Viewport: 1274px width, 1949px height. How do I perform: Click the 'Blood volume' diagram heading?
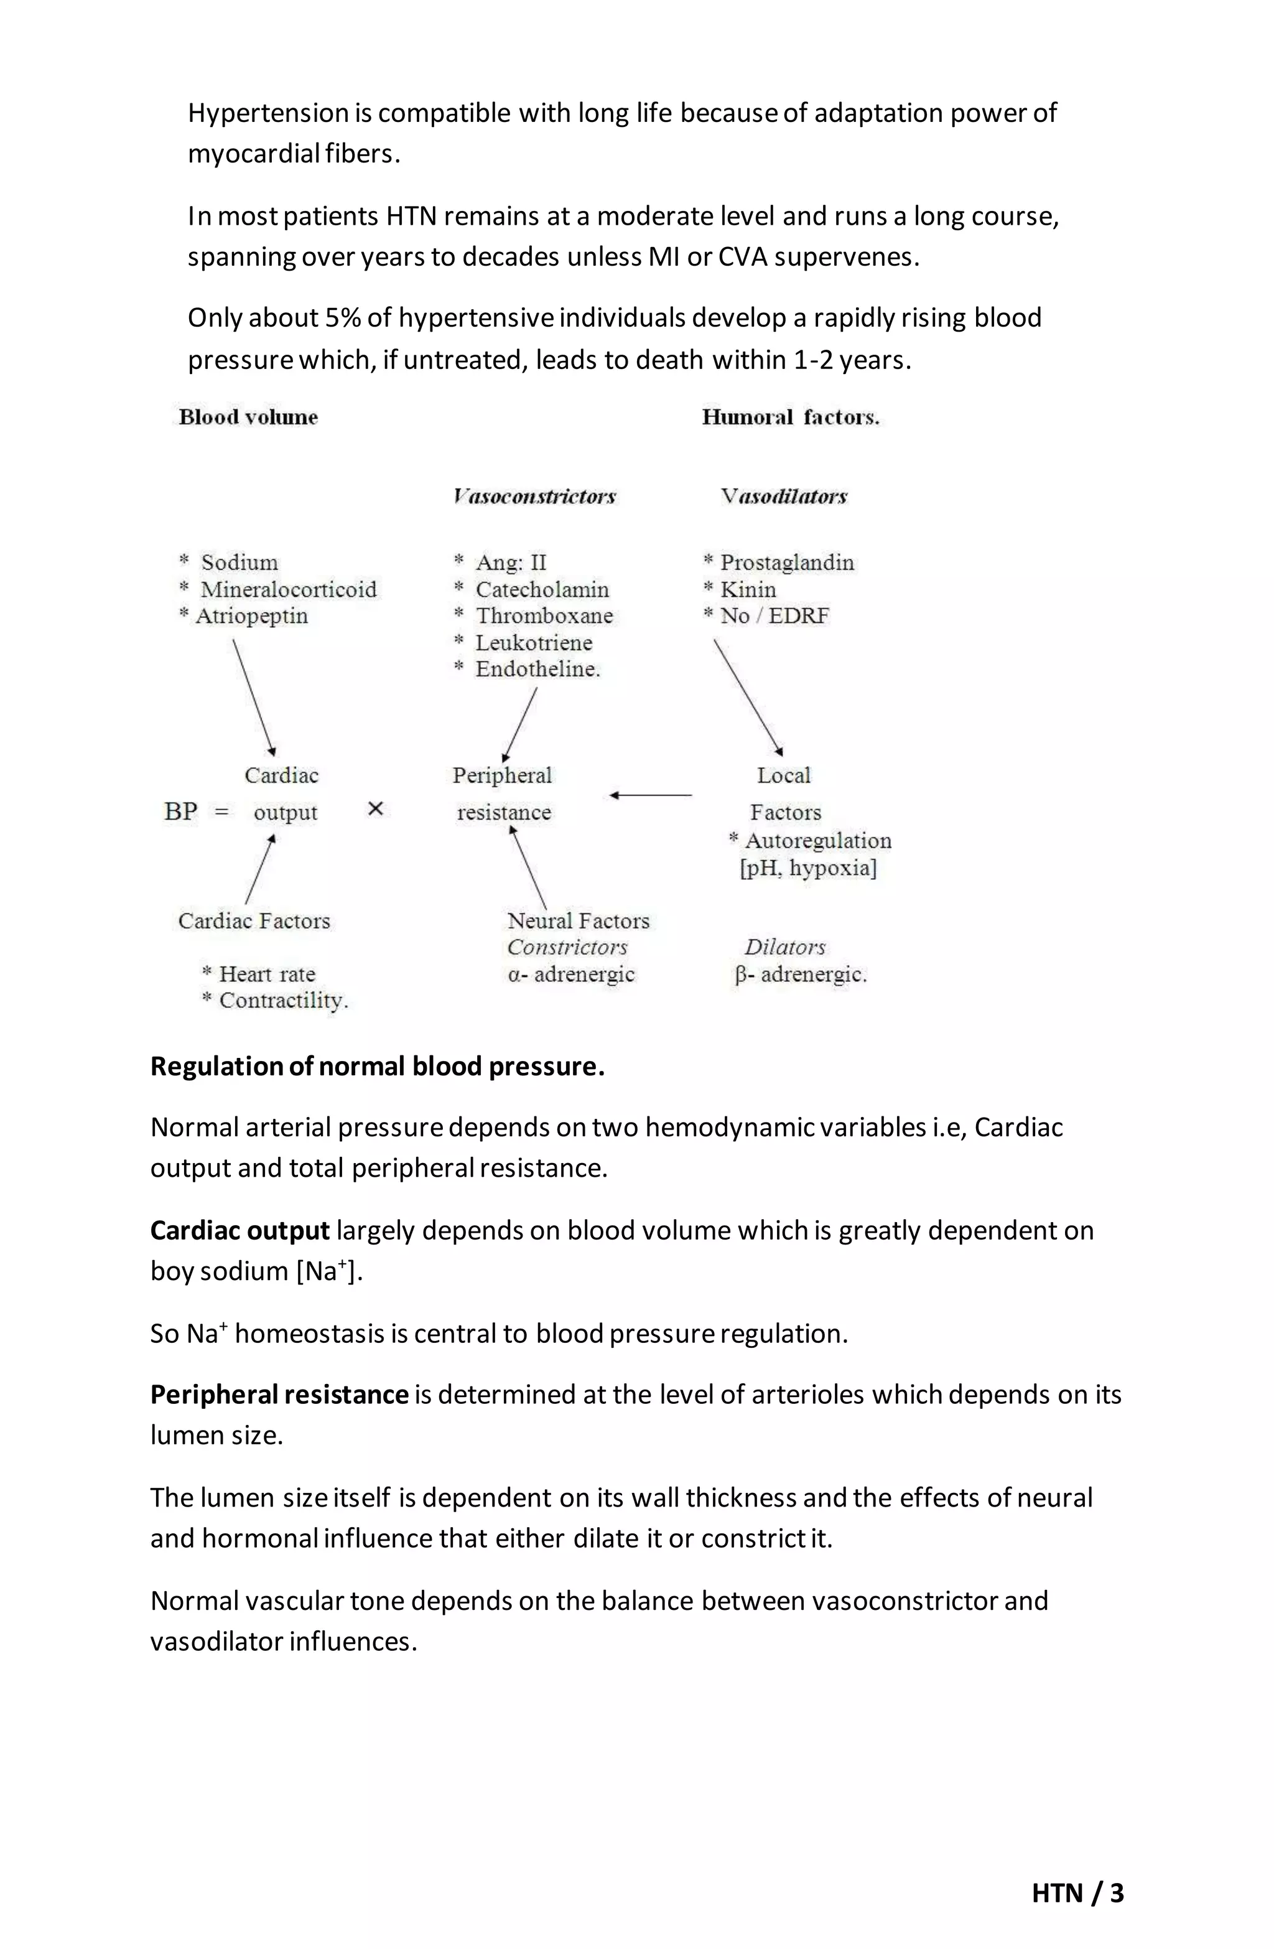coord(248,417)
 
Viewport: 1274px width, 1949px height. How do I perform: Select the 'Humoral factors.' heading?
coord(790,417)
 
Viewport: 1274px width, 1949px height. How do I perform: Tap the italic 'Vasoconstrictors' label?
coord(534,496)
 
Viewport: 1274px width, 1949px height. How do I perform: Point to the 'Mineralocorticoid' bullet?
coord(287,589)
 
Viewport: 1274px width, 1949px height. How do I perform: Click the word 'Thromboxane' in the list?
coord(544,616)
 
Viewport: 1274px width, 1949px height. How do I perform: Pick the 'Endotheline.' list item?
coord(537,669)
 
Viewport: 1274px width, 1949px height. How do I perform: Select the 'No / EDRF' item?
coord(774,616)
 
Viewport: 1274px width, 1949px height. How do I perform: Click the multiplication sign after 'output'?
coord(376,809)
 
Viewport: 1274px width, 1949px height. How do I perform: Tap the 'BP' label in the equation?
coord(181,811)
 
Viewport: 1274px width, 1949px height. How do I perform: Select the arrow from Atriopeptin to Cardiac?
coord(253,696)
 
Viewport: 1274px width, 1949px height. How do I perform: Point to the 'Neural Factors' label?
coord(578,920)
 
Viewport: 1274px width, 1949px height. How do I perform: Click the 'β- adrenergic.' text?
coord(801,974)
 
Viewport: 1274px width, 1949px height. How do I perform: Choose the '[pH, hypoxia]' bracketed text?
coord(808,868)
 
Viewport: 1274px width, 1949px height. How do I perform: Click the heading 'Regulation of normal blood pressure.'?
coord(378,1066)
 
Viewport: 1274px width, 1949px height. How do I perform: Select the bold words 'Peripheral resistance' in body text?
coord(279,1394)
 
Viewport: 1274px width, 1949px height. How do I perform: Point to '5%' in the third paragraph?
coord(343,318)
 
